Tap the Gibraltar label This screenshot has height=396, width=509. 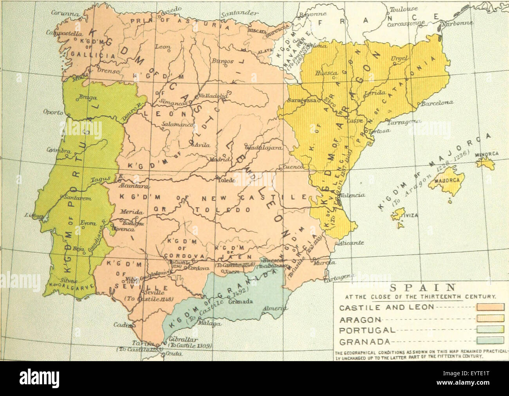tap(181, 340)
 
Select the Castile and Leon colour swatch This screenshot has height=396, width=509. tap(490, 307)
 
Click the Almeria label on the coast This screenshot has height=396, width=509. tap(273, 309)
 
